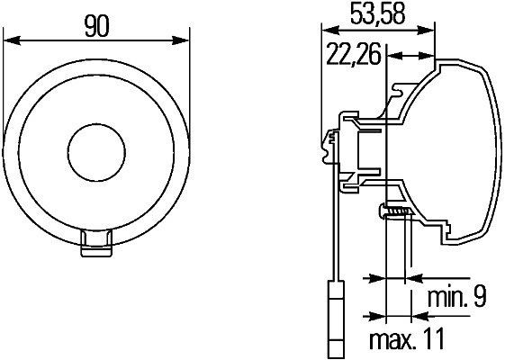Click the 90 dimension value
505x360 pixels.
[97, 26]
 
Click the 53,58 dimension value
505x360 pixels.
[375, 15]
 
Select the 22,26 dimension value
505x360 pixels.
[350, 57]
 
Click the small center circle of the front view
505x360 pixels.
[97, 147]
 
